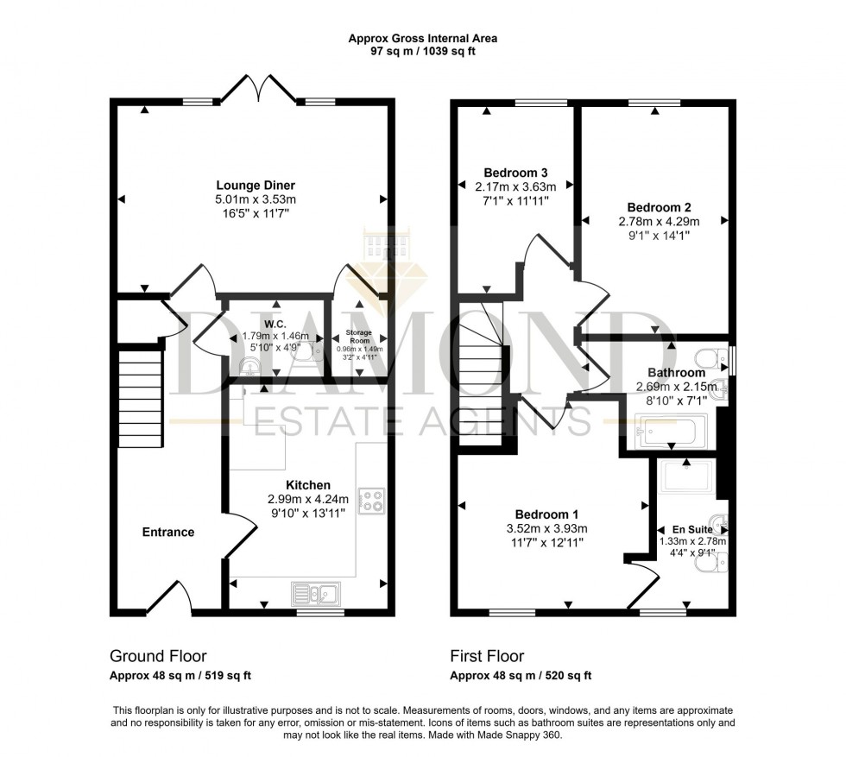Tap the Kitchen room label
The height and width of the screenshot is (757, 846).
pos(308,485)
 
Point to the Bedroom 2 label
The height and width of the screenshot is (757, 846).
pos(659,207)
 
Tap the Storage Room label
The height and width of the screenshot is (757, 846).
pos(358,336)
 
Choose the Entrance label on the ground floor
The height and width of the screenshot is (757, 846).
pos(168,533)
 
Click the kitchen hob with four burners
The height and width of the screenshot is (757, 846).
pos(372,501)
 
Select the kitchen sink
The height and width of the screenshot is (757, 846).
pos(316,592)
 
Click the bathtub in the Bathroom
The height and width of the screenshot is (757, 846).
pos(670,430)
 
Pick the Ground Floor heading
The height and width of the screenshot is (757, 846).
pos(158,657)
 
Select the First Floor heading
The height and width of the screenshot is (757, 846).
pos(488,657)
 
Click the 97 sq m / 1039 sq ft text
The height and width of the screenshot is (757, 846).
pos(422,52)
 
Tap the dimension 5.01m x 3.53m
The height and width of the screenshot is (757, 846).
pos(256,200)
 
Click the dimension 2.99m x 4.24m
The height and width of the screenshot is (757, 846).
pos(308,499)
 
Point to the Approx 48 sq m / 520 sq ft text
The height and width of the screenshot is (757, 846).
pos(521,676)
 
